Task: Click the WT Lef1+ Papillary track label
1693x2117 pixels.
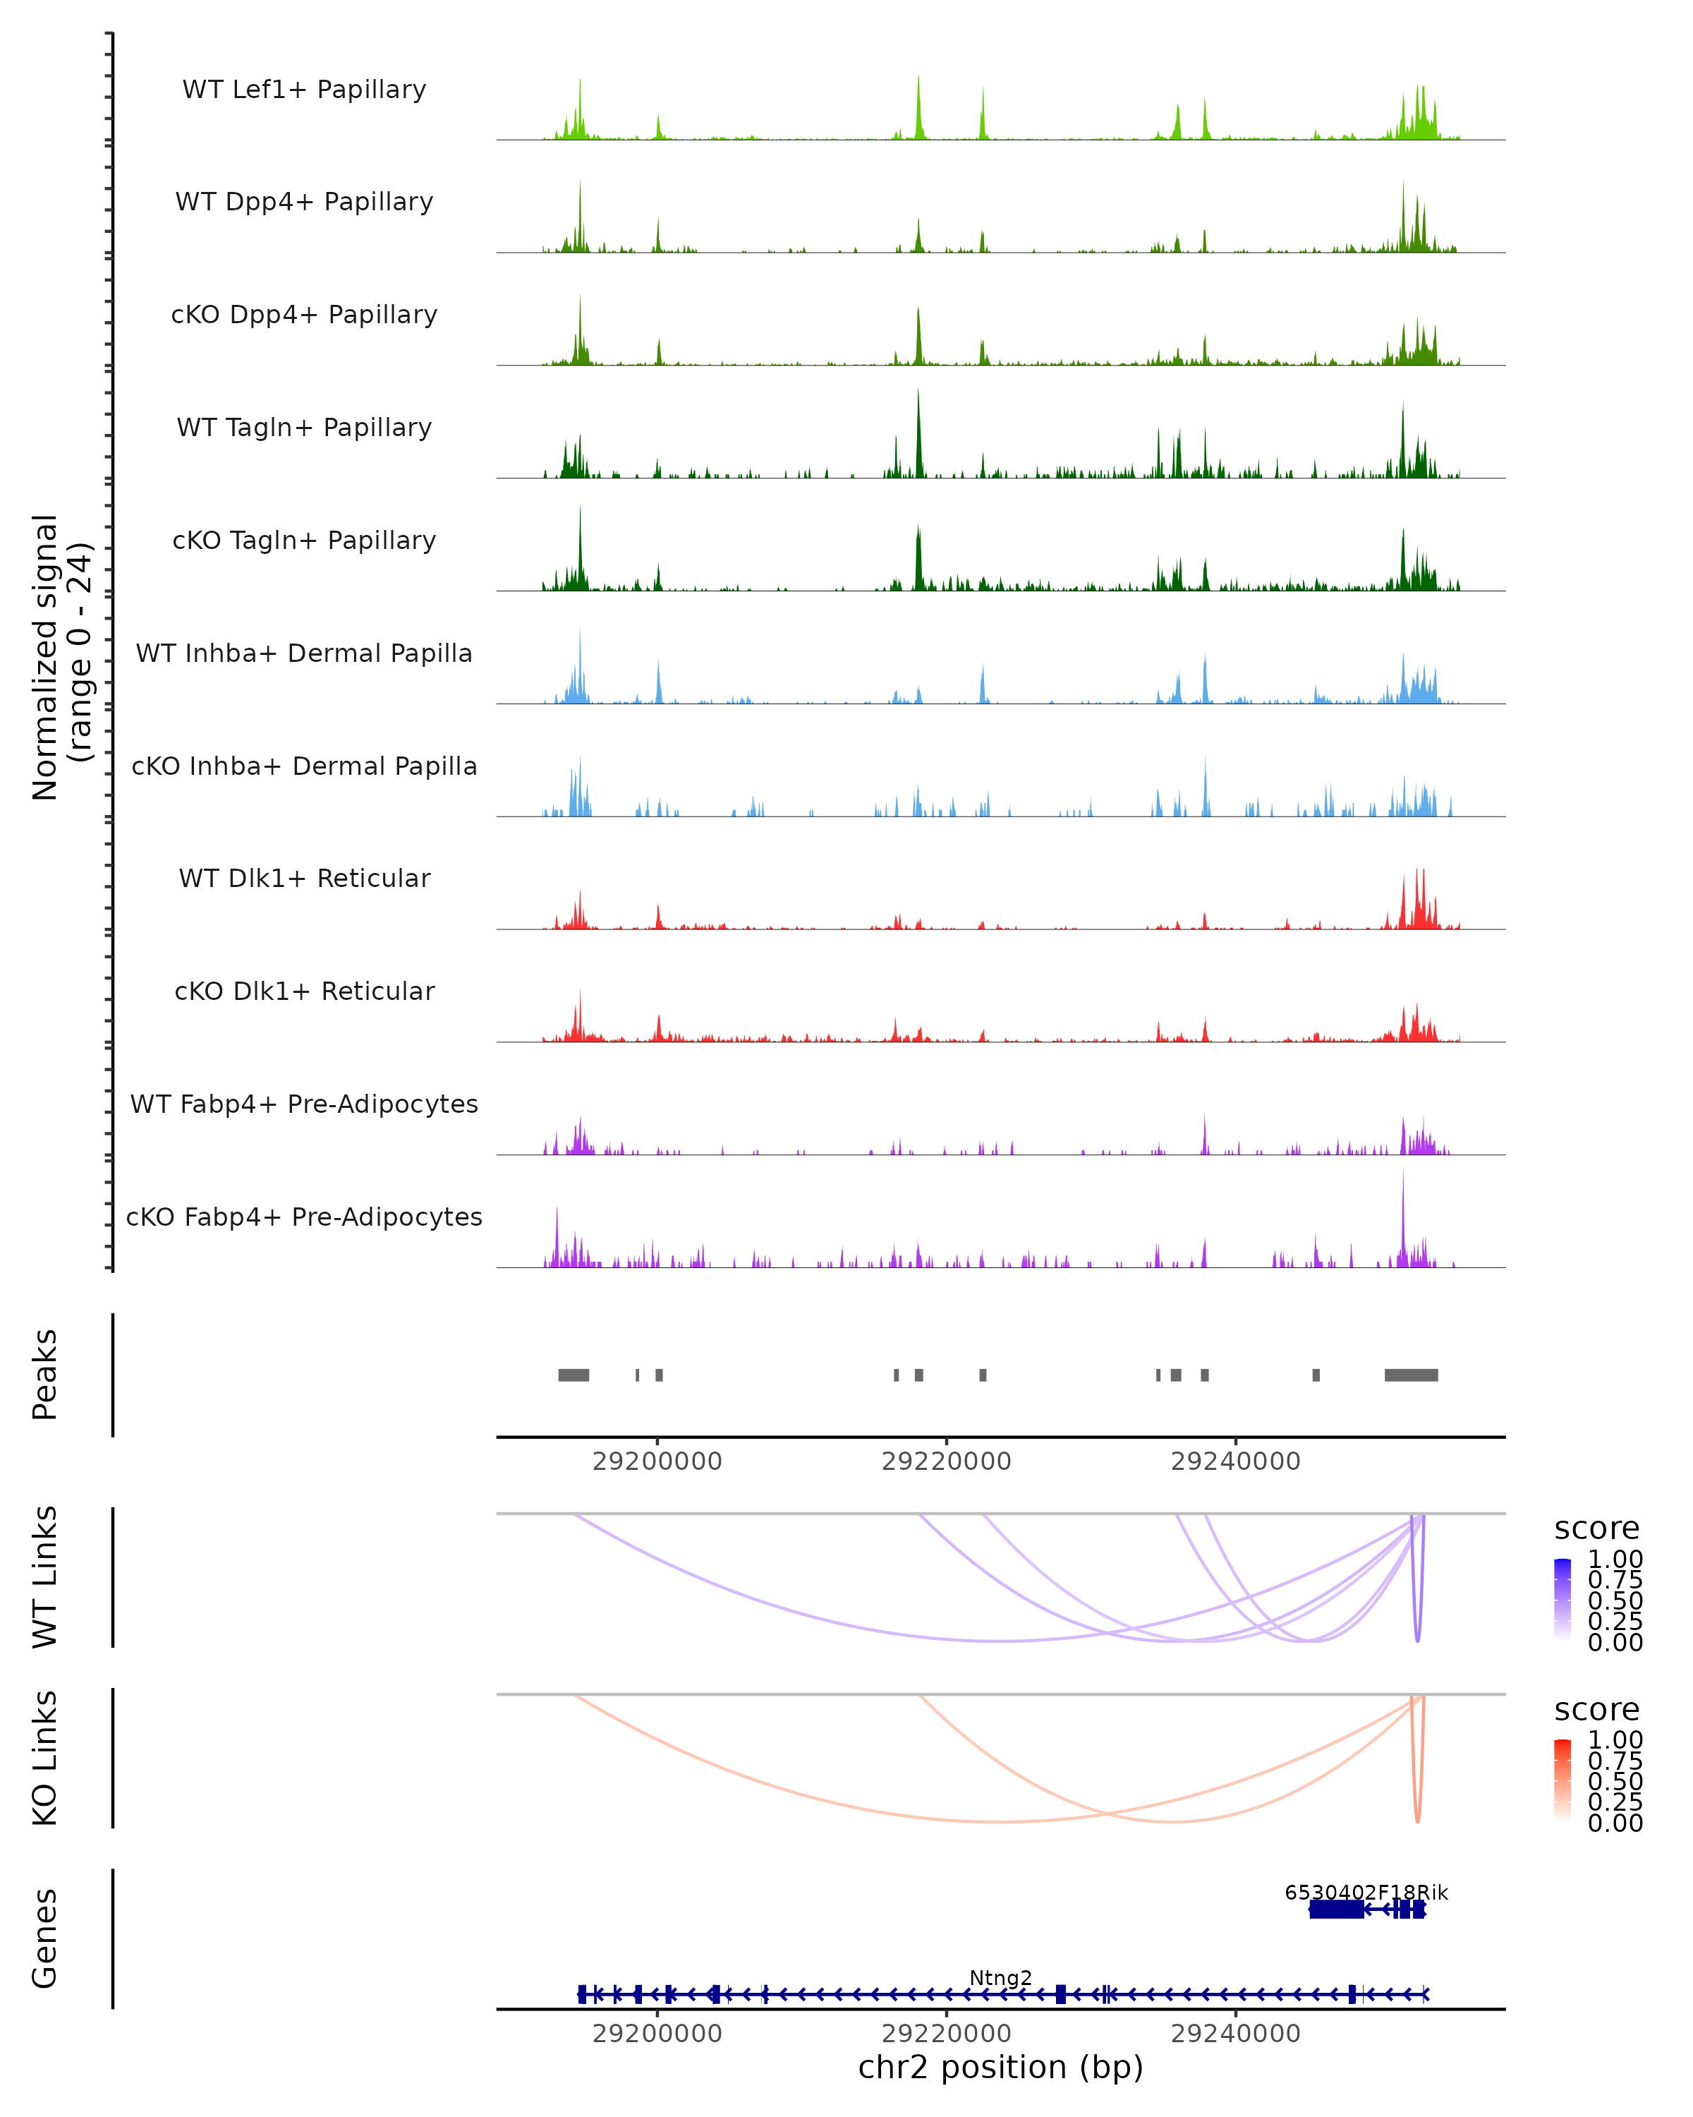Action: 304,90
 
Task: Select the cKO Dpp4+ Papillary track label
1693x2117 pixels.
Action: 304,315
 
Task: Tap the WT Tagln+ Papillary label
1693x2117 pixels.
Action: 304,428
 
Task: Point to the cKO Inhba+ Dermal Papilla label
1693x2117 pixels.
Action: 304,767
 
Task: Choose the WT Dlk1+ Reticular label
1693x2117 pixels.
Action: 304,879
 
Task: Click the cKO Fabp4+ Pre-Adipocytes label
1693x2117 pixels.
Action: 304,1217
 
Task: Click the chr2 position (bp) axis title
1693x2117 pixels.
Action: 1000,2067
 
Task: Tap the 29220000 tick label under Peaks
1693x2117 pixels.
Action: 946,1461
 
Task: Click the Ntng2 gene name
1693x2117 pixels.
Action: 1000,1977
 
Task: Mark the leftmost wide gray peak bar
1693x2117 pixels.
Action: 574,1375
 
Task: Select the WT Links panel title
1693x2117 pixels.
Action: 45,1577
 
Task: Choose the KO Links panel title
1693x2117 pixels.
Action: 45,1758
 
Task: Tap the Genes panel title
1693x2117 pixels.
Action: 45,1938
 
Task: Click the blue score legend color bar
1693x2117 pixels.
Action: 1562,1600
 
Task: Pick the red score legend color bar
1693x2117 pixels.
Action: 1562,1780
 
